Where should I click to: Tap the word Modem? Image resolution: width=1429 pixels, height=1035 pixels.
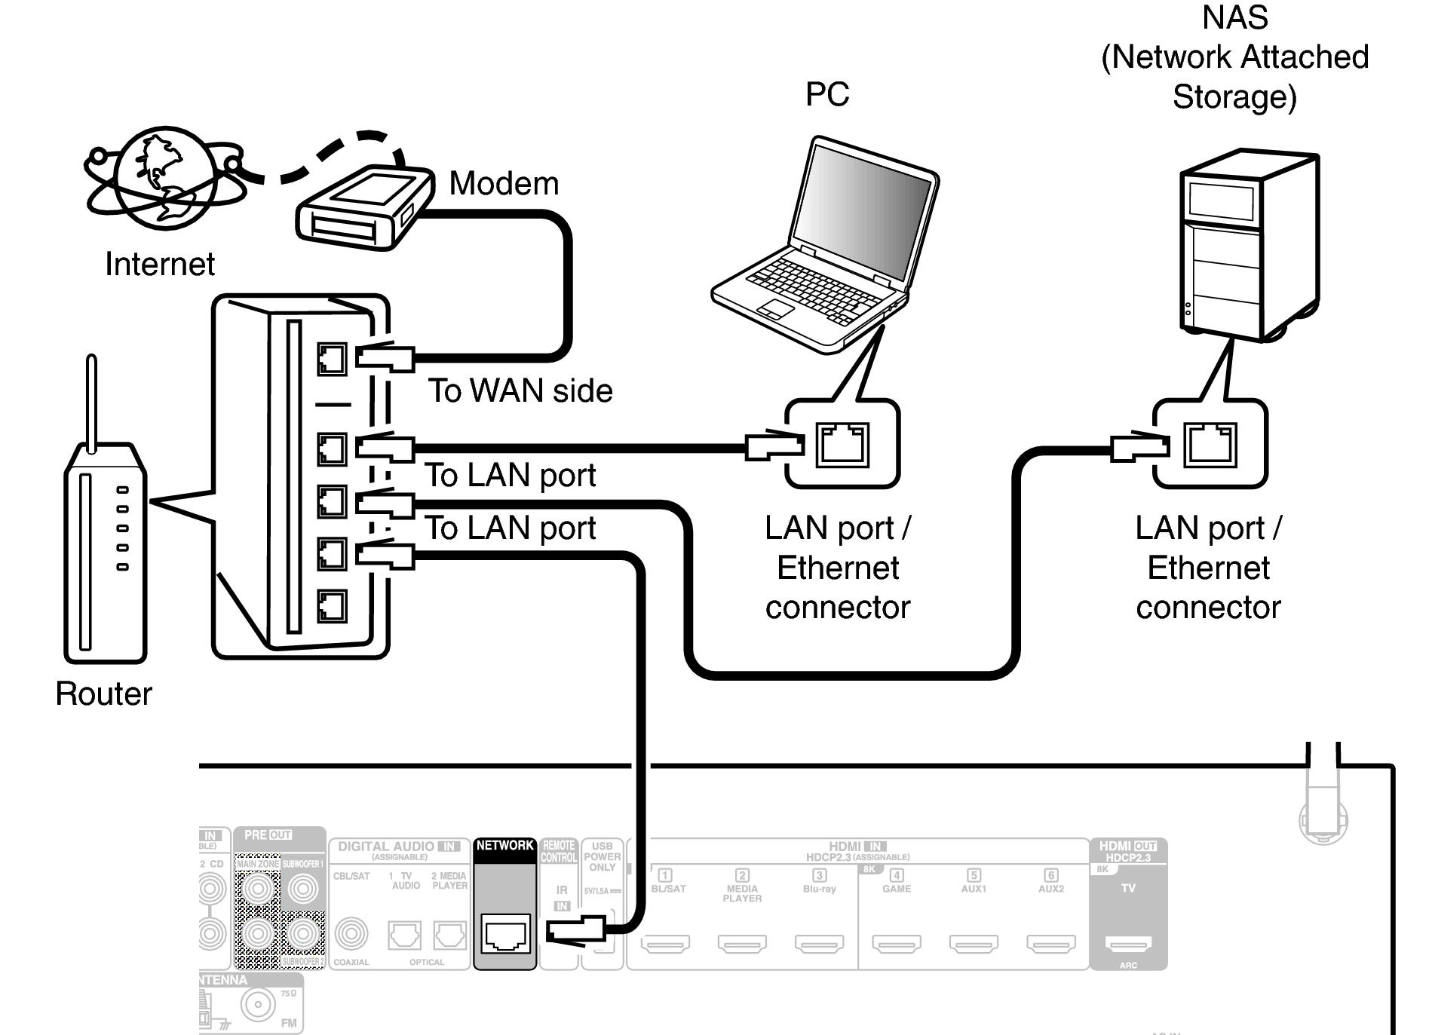[504, 184]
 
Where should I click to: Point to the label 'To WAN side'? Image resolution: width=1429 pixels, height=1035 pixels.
[520, 390]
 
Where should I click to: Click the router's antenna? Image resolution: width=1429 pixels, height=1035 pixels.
[92, 403]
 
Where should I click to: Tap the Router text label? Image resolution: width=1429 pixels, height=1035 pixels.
[103, 694]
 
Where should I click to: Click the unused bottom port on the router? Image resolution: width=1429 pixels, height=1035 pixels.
[332, 606]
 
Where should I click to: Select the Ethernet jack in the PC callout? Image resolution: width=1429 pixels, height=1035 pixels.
[842, 445]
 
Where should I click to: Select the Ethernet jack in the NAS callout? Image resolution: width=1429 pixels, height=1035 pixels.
[1210, 445]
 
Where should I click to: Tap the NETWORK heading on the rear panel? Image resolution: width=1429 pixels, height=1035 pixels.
[504, 846]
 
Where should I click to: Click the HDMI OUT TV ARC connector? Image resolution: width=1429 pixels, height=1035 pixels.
[1128, 943]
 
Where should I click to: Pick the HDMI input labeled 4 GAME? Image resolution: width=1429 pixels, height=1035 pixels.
[897, 943]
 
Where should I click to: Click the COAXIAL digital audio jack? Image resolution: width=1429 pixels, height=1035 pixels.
[351, 935]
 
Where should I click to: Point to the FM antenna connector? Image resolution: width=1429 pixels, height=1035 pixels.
[258, 1004]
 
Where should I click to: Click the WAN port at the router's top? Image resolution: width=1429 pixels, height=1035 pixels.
[332, 360]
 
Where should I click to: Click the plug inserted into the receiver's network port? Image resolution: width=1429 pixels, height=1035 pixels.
[577, 929]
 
